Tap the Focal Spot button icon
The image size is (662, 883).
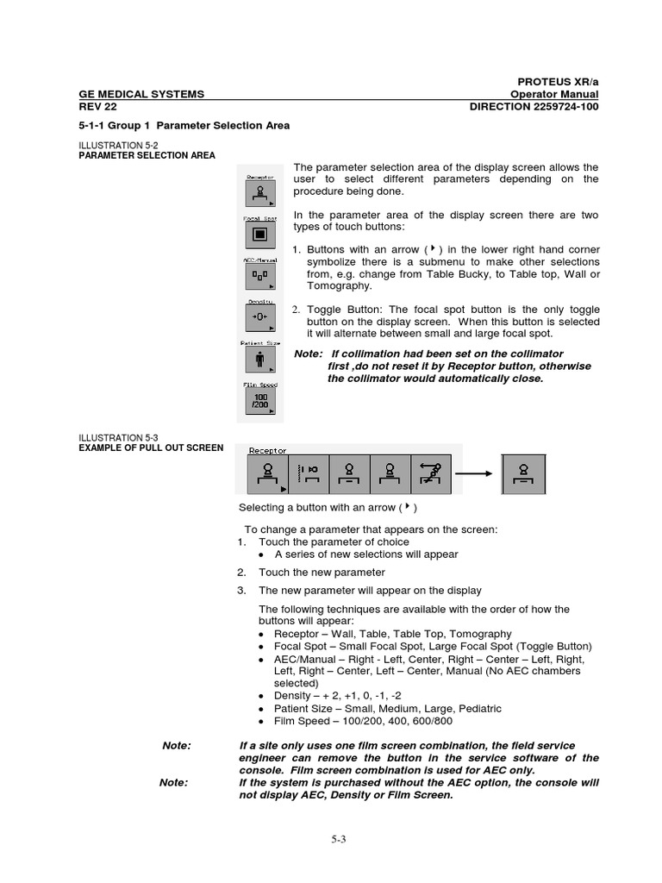(x=259, y=235)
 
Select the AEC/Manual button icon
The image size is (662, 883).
(x=259, y=277)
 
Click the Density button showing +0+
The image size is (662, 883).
(x=259, y=318)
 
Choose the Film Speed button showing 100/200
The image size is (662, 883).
(x=259, y=403)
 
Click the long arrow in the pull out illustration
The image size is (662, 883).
(x=474, y=473)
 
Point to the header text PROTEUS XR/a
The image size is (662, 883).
(x=558, y=81)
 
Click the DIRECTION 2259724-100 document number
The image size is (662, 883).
(x=534, y=106)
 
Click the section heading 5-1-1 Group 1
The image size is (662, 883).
(x=184, y=125)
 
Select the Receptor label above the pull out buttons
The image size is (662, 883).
(x=268, y=449)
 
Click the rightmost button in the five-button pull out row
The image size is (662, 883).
(x=431, y=473)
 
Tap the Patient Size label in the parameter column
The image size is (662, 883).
(x=259, y=343)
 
